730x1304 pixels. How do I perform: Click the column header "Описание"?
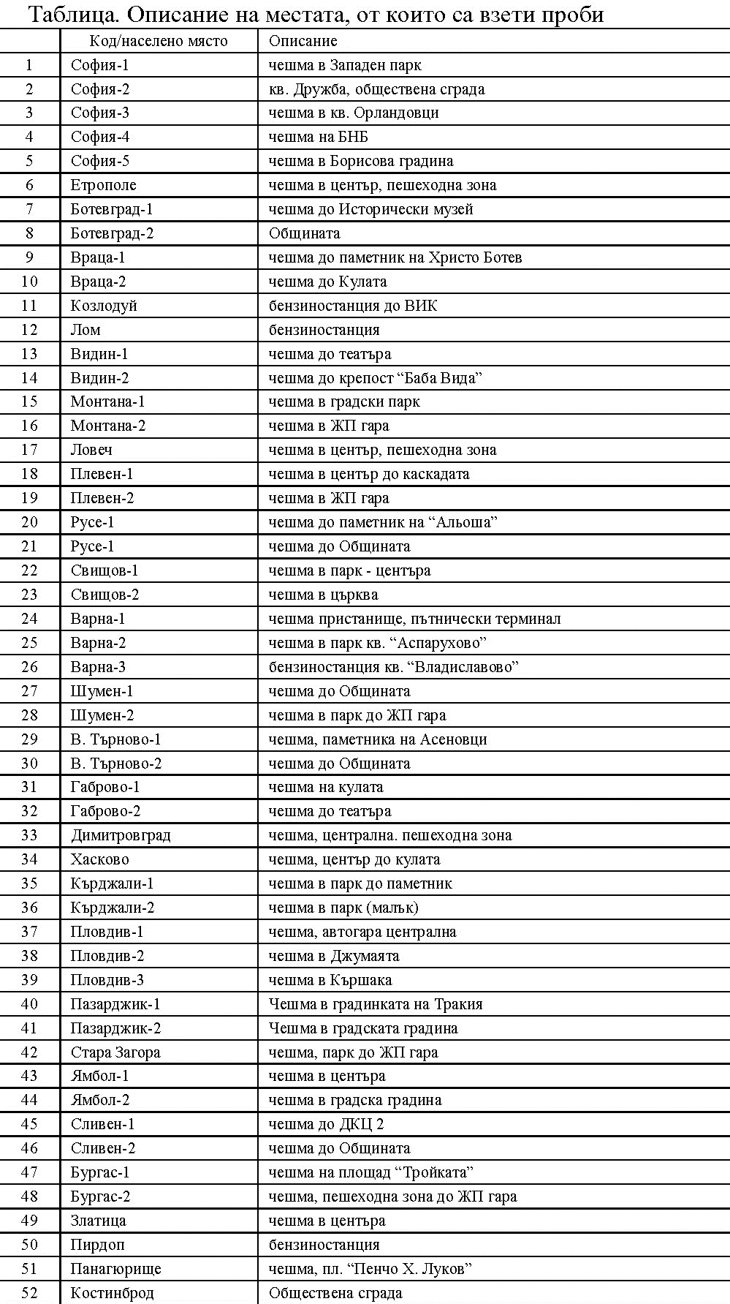pos(303,42)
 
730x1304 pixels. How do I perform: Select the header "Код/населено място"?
pos(159,42)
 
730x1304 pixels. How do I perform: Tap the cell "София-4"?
pos(100,137)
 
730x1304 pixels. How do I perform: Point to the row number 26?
pos(29,667)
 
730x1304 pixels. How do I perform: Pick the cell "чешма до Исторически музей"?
pos(371,209)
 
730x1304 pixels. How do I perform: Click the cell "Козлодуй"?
pos(104,306)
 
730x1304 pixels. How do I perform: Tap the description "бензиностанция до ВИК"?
pos(353,306)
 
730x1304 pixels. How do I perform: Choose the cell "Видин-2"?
pos(99,378)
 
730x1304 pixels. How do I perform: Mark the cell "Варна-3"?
pos(98,667)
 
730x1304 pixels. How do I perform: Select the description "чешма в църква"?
pos(324,595)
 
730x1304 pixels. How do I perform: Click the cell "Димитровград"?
pos(121,835)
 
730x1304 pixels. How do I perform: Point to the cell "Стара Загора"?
pos(115,1052)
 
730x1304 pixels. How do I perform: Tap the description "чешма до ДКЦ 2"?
pos(327,1124)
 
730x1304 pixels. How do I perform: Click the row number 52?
pos(29,1293)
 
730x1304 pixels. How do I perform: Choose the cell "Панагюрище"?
pos(115,1269)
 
